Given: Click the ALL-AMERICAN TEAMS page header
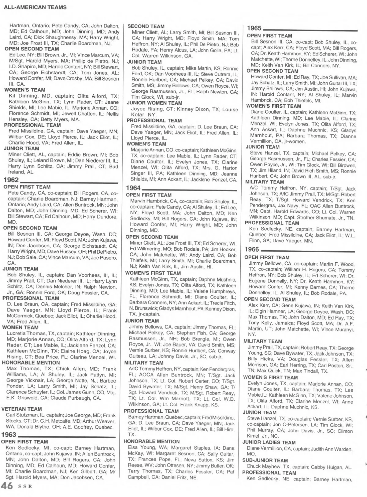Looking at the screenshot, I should click(x=35, y=7).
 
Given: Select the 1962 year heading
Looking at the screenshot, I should click(x=11, y=180).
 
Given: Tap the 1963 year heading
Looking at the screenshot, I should click(x=9, y=435).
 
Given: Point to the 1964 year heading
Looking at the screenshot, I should click(x=133, y=188).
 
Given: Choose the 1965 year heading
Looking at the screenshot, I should click(x=254, y=28).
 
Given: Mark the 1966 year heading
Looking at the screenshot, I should click(x=251, y=249).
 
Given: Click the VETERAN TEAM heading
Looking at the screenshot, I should click(x=21, y=409).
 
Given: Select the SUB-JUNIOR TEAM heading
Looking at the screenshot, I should click(x=265, y=460).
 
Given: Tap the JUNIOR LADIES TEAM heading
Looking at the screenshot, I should click(x=269, y=442).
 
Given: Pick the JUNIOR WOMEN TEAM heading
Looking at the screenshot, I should click(x=154, y=103).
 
